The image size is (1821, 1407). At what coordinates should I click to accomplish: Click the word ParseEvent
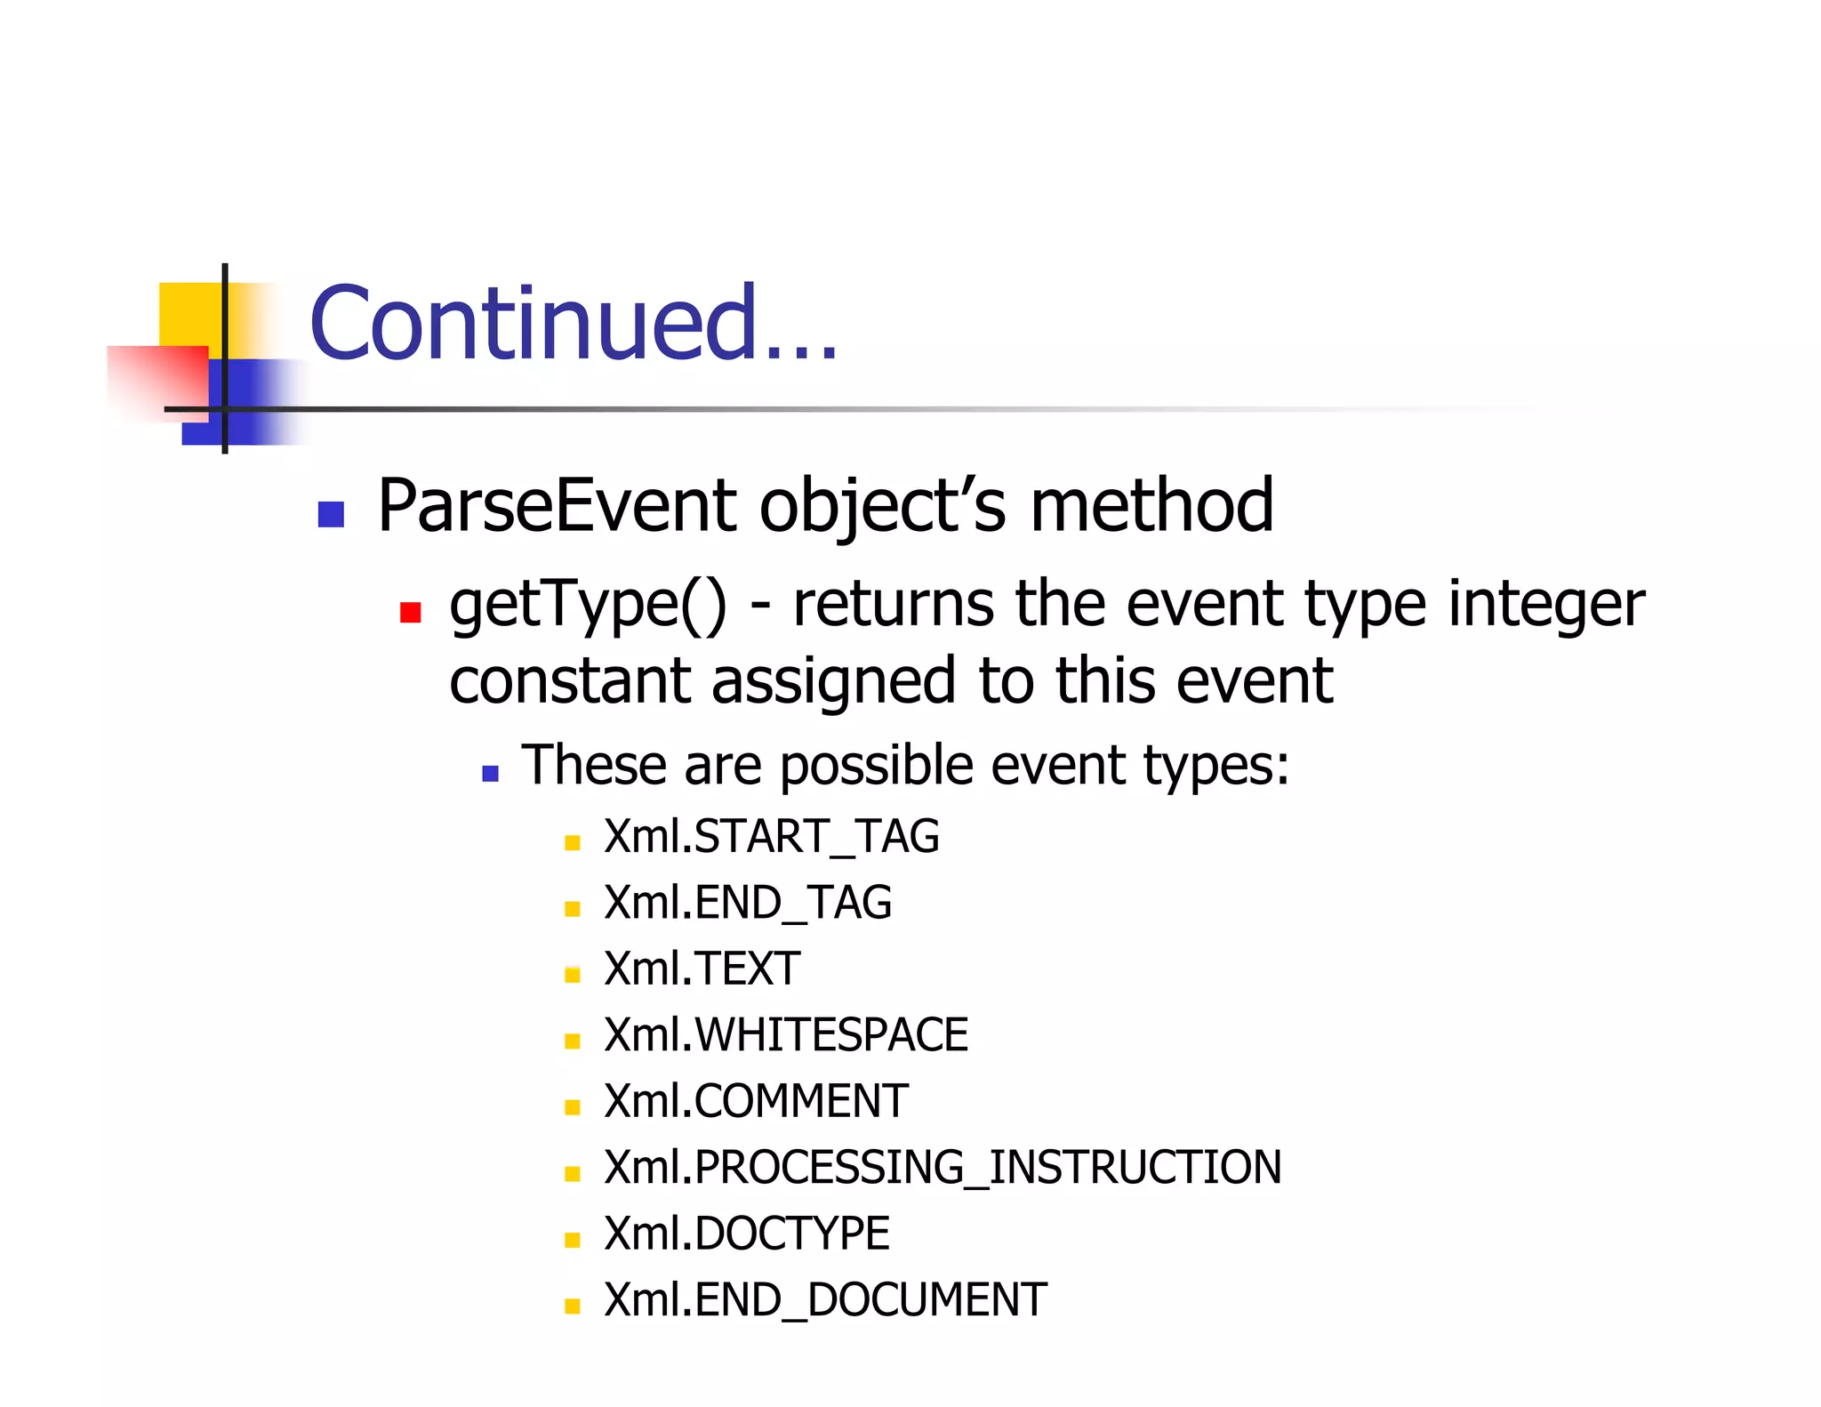pos(557,505)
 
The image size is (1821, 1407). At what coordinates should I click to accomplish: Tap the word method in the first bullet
pos(1151,505)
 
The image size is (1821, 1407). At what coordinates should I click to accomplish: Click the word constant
pos(570,681)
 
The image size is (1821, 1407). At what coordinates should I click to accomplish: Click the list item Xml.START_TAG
pos(771,837)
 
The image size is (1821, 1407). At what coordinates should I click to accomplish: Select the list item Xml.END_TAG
pos(747,903)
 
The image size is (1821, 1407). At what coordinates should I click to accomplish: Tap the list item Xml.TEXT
pos(702,969)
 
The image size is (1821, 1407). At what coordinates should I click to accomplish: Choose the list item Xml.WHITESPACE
pos(785,1035)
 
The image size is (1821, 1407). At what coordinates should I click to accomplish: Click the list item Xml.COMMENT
pos(756,1101)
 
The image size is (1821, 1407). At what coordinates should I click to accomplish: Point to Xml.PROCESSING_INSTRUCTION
pos(942,1168)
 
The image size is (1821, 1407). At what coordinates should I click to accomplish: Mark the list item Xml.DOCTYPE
pos(746,1234)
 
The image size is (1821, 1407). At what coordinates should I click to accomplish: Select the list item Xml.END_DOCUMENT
pos(824,1300)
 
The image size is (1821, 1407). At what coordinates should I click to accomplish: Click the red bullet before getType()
pos(410,612)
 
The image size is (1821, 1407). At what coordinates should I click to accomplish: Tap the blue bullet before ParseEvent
pos(331,514)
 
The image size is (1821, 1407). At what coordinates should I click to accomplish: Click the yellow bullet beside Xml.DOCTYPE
pos(572,1240)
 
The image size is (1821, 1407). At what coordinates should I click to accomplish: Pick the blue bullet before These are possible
pos(490,773)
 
